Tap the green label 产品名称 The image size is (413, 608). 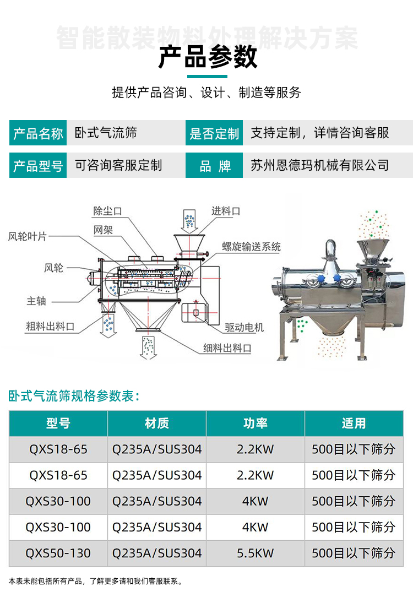coord(38,133)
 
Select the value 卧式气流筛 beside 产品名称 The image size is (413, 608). coord(106,133)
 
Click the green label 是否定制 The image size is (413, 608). coord(214,133)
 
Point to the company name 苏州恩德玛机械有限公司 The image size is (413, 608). coord(319,165)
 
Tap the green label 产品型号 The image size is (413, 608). coord(38,166)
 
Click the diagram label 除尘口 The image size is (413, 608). coord(107,211)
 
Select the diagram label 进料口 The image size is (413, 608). coord(226,211)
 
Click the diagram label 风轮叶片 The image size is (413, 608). coord(28,236)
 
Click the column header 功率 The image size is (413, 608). coord(256,424)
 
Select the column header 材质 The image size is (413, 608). coord(157,424)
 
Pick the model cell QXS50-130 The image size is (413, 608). coord(58,553)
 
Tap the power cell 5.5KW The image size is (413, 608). coord(256,553)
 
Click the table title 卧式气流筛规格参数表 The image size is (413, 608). coord(74,395)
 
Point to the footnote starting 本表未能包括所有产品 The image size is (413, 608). coord(95,581)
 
